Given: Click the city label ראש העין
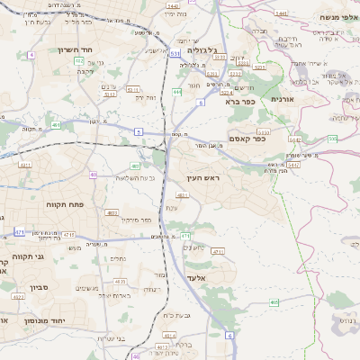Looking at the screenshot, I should [202, 178].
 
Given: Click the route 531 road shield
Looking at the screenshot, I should [175, 54].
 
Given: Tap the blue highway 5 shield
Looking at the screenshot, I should [139, 131].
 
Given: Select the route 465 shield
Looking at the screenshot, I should [274, 302].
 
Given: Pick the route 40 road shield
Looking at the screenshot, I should [94, 175].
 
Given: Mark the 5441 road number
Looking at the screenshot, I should [282, 13].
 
